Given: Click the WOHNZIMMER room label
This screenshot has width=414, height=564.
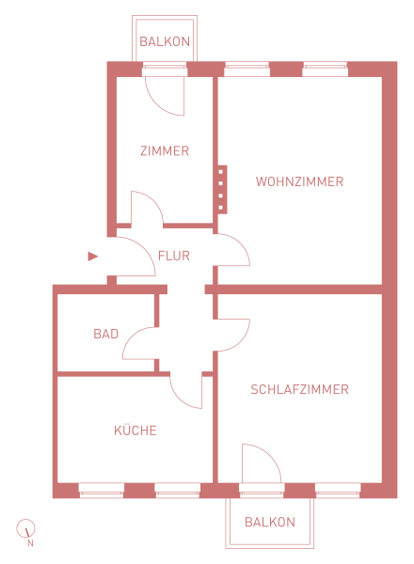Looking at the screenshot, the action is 299,181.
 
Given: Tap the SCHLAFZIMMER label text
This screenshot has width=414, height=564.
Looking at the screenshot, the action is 299,389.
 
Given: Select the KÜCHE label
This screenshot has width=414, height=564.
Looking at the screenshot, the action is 135,430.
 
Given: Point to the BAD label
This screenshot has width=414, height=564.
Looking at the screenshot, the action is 105,334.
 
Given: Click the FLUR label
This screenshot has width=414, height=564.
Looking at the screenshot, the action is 174,256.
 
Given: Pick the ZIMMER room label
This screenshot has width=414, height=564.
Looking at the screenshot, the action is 165,150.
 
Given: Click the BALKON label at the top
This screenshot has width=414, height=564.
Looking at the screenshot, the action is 165,41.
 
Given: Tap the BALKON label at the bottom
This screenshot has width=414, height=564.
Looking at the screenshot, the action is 270,522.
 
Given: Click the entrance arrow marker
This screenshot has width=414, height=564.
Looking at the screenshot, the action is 92,257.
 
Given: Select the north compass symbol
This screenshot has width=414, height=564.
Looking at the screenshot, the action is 25,528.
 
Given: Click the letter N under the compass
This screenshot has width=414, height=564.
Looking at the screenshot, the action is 30,543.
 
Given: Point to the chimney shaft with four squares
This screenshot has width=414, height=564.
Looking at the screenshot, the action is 222,190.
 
